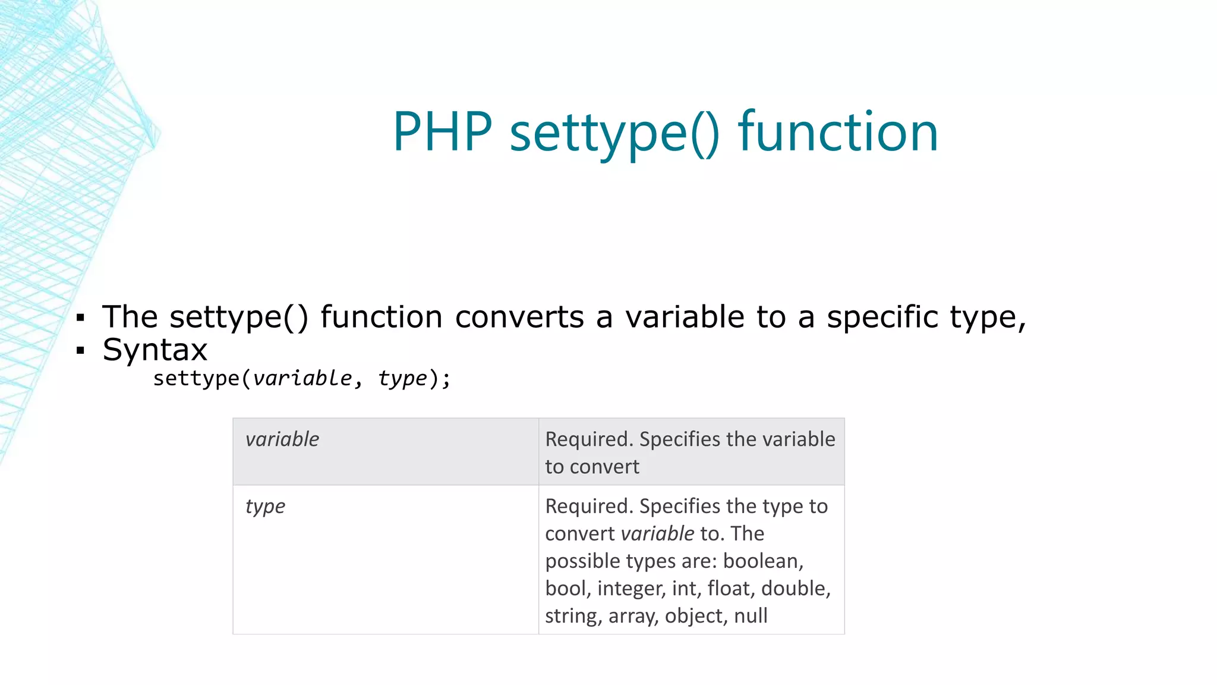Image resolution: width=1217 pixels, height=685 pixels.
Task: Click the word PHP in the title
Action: click(x=443, y=132)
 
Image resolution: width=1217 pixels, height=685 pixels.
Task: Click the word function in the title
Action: click(x=838, y=132)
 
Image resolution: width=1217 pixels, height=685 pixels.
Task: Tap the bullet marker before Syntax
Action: click(x=81, y=351)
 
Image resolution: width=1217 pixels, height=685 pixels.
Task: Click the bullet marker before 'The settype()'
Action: click(x=81, y=318)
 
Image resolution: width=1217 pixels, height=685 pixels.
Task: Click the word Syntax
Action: click(x=155, y=350)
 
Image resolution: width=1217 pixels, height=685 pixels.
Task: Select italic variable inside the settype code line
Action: click(x=302, y=378)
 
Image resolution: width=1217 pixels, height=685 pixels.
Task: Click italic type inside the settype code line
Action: click(x=402, y=379)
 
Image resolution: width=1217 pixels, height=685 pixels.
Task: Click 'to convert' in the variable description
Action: click(x=592, y=467)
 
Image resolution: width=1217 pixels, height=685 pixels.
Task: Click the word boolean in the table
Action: click(x=762, y=561)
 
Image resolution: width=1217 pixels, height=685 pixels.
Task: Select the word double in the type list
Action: click(x=795, y=588)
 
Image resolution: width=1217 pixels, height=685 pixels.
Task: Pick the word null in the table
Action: click(x=751, y=615)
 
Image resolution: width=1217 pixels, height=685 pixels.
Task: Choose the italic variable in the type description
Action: click(x=657, y=533)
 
